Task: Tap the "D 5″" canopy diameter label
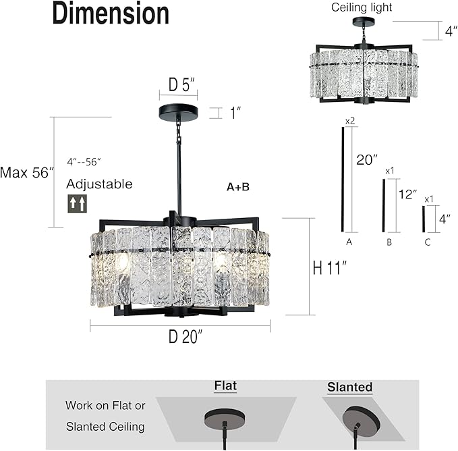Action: (x=181, y=86)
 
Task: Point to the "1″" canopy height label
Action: (x=235, y=113)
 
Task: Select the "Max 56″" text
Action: (x=27, y=172)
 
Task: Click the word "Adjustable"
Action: (x=99, y=184)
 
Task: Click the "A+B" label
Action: (x=237, y=186)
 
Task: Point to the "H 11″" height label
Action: (x=329, y=267)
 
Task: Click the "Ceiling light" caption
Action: (x=361, y=7)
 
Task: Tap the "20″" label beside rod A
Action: (x=366, y=160)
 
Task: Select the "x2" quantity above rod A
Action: (x=350, y=120)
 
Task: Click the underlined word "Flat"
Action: (x=225, y=386)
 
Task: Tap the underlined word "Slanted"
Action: (x=349, y=387)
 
